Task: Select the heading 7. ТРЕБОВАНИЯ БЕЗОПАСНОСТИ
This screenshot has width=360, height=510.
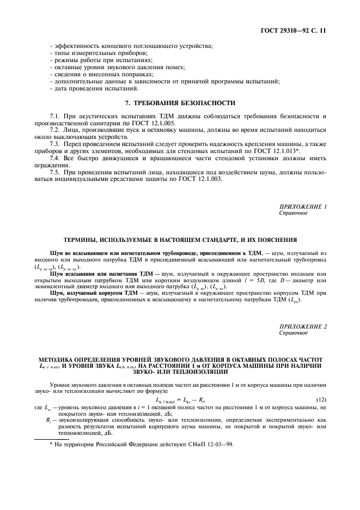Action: (x=180, y=102)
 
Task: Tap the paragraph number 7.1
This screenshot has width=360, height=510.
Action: (x=55, y=116)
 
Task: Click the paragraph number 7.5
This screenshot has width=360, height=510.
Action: (x=55, y=172)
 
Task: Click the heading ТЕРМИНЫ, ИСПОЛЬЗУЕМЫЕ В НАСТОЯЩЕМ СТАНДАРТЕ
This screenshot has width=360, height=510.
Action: (x=180, y=239)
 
